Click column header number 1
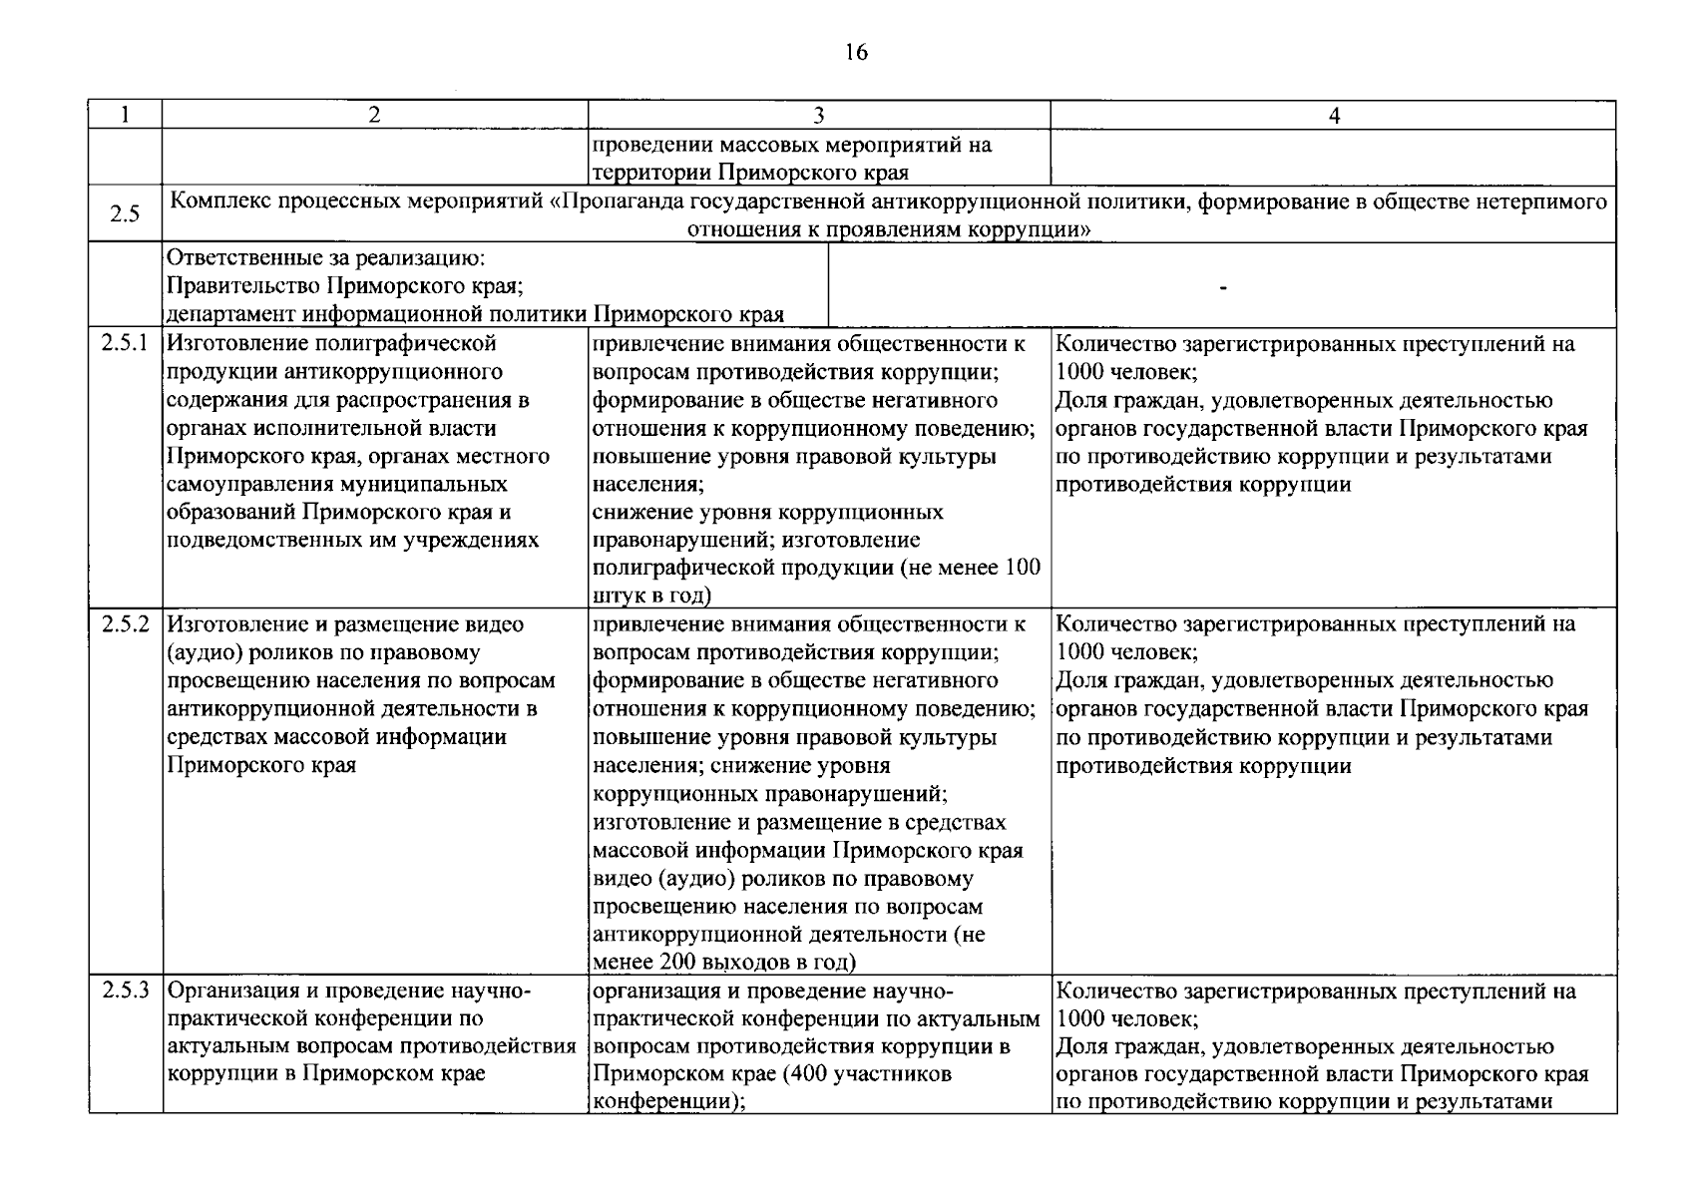click(125, 116)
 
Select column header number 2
click(374, 116)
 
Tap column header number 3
click(818, 116)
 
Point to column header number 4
click(1334, 116)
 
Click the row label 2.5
click(125, 214)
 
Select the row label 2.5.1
click(126, 344)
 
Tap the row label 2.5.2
click(126, 624)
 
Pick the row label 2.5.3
click(126, 992)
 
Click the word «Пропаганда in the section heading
click(612, 201)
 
